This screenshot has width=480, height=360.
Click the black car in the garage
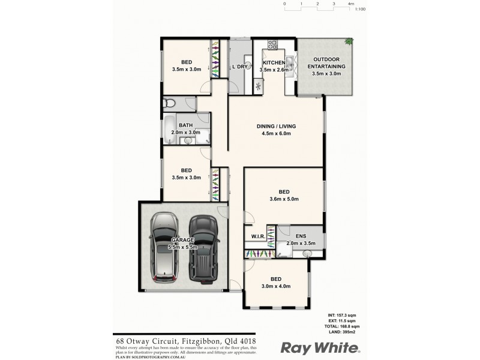click(x=202, y=247)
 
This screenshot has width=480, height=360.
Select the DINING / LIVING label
click(x=277, y=126)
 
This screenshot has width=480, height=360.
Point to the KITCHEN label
click(x=274, y=62)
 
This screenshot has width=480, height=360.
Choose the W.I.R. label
click(x=258, y=236)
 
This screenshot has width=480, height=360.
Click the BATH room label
click(x=185, y=125)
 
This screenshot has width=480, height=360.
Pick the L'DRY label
click(x=239, y=67)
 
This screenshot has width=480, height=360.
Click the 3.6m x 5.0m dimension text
click(x=284, y=199)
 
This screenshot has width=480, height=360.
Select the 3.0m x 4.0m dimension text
click(x=276, y=286)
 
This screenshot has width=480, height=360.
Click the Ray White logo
click(x=321, y=347)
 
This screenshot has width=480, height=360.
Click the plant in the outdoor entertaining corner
click(x=348, y=42)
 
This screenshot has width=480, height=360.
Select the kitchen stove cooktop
click(x=272, y=44)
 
